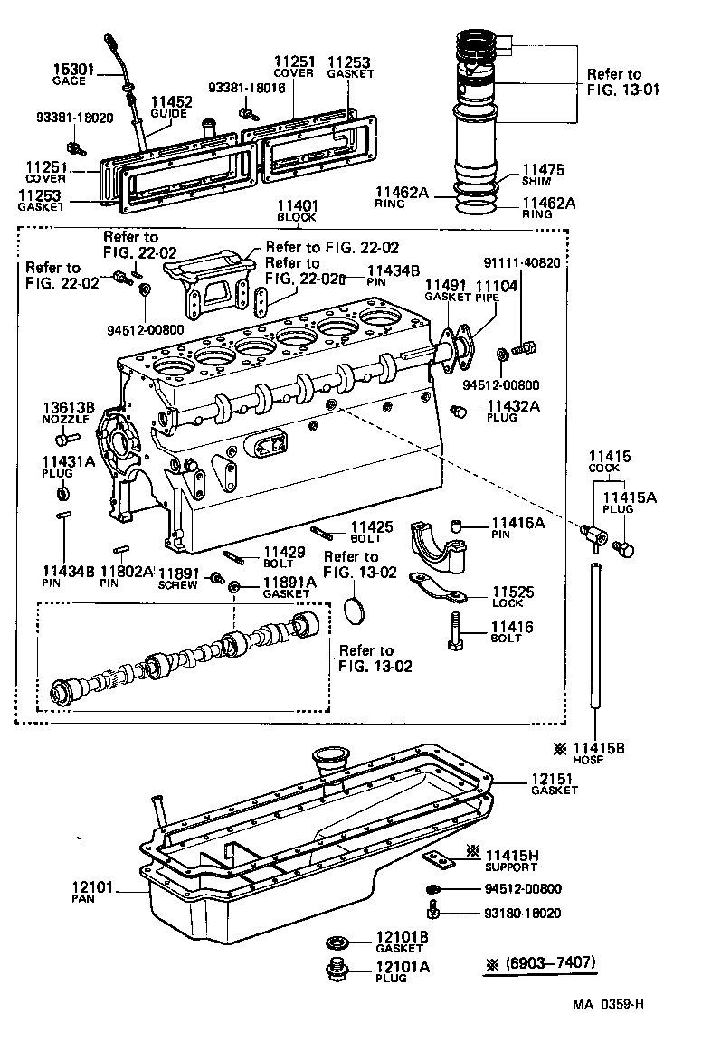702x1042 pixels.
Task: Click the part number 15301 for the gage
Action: (69, 68)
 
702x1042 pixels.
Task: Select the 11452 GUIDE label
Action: (171, 107)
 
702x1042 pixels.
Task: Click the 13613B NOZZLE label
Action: (69, 412)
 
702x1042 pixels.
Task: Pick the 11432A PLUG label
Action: (513, 412)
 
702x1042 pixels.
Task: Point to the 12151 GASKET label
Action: (554, 782)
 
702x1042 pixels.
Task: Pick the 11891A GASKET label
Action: (289, 588)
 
